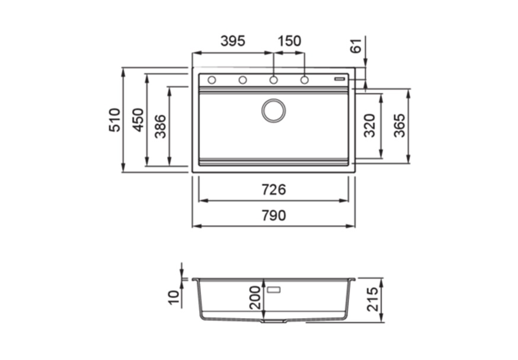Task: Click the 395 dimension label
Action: pos(232,41)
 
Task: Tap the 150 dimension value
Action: pos(289,41)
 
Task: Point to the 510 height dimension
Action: pos(114,120)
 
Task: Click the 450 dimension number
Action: pos(138,120)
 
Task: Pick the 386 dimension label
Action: pos(160,126)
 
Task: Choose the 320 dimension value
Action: pos(370,126)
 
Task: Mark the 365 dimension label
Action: pos(399,126)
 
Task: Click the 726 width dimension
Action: pos(274,190)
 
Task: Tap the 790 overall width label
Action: pos(274,216)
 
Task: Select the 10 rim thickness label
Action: pos(173,297)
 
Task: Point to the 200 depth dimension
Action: pos(255,297)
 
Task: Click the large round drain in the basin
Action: pos(274,111)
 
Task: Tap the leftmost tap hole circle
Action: pos(212,80)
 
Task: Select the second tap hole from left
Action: pos(242,80)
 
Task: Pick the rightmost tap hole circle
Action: pos(304,80)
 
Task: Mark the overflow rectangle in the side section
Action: pos(274,290)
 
